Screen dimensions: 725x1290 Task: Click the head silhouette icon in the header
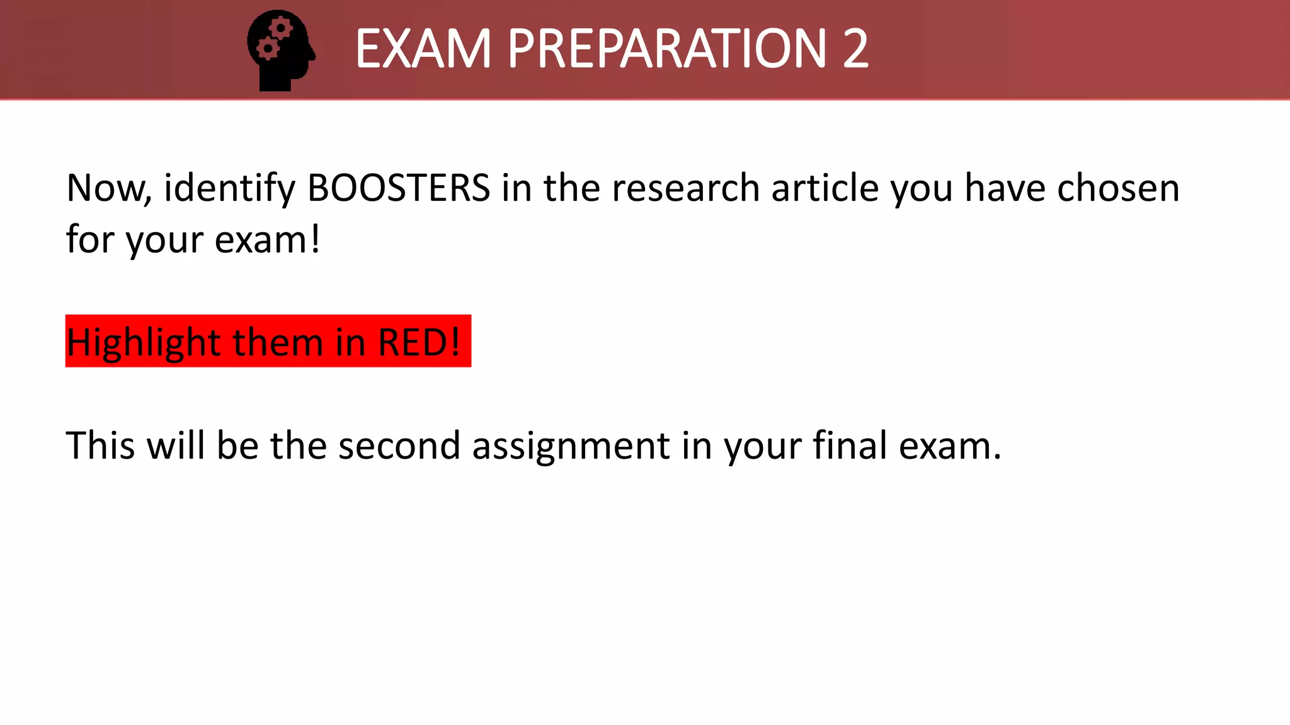pyautogui.click(x=281, y=50)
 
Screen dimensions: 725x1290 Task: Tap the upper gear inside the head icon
pyautogui.click(x=280, y=28)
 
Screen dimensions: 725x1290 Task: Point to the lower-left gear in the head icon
pyautogui.click(x=267, y=48)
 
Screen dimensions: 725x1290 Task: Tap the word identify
pyautogui.click(x=229, y=189)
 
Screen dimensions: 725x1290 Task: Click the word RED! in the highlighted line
pyautogui.click(x=419, y=342)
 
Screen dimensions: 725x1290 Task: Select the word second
pyautogui.click(x=399, y=446)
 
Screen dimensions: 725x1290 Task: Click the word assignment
pyautogui.click(x=571, y=447)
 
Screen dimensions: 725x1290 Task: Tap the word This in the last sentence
pyautogui.click(x=100, y=446)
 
